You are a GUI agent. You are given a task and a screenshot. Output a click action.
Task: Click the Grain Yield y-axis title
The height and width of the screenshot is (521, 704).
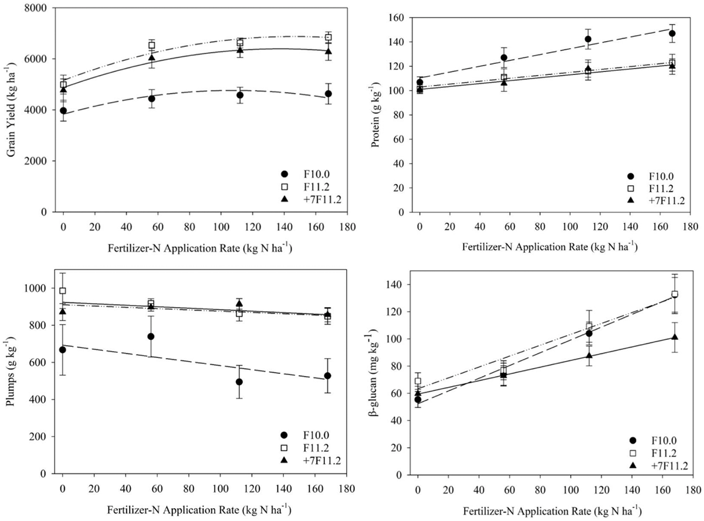[x=12, y=111]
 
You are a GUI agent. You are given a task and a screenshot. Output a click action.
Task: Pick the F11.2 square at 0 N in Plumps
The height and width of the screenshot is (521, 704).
[x=62, y=291]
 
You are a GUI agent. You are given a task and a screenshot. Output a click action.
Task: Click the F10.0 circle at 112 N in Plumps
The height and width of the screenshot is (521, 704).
[x=239, y=382]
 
